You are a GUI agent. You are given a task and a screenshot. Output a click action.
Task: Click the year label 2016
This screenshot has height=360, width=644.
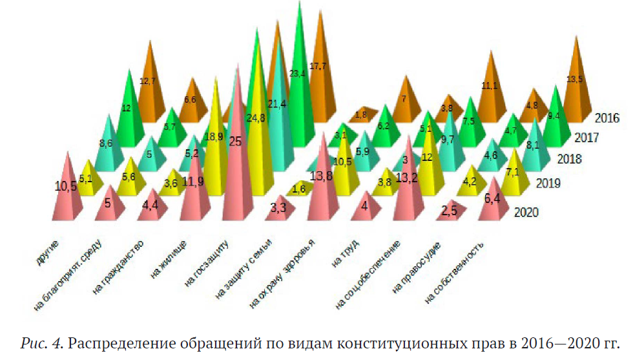click(607, 118)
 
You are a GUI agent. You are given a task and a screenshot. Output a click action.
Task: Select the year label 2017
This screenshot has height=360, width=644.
click(587, 138)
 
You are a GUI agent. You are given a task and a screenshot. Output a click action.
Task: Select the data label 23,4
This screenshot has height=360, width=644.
click(297, 74)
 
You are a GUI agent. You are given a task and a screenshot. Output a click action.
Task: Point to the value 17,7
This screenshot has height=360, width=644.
click(319, 65)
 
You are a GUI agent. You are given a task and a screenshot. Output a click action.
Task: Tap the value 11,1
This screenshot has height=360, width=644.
click(489, 85)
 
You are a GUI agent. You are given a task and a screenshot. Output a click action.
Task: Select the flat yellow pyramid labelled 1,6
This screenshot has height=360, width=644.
click(299, 189)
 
